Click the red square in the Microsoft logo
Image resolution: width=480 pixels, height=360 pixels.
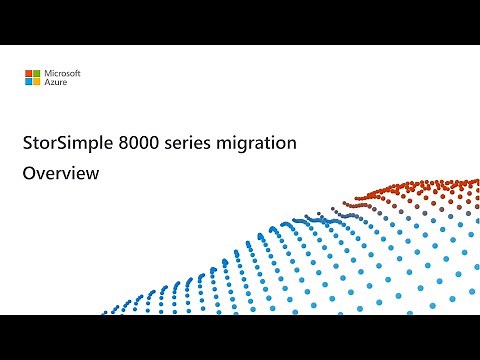30,74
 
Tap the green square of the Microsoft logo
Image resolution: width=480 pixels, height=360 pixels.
36,74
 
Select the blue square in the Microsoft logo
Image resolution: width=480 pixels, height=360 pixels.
30,80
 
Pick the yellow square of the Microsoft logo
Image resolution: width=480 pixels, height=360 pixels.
36,80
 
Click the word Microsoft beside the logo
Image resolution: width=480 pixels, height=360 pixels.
61,73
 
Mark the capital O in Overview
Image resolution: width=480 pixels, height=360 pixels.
29,175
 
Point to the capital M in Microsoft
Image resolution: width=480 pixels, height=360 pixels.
46,73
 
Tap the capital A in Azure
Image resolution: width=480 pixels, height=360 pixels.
45,83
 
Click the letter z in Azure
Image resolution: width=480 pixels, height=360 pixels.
50,84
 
